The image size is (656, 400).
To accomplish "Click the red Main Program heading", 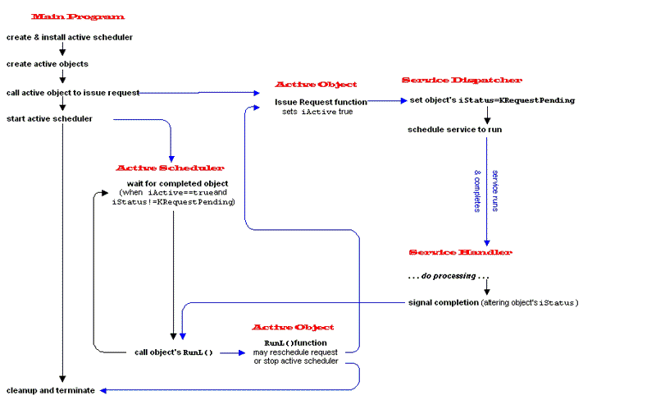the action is pyautogui.click(x=78, y=16).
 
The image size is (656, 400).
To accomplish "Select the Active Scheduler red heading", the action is pyautogui.click(x=170, y=168).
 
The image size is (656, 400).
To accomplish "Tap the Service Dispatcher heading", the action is pyautogui.click(x=462, y=80).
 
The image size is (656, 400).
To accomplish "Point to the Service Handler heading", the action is pyautogui.click(x=461, y=252).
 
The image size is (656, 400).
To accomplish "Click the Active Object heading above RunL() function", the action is pyautogui.click(x=293, y=327).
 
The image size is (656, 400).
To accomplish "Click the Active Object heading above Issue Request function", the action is pyautogui.click(x=316, y=84).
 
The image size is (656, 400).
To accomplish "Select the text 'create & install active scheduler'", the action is pyautogui.click(x=70, y=37).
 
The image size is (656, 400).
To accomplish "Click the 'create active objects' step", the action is pyautogui.click(x=48, y=64).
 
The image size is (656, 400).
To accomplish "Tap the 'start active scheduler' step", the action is pyautogui.click(x=49, y=119).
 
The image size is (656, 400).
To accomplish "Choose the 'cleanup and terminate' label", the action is pyautogui.click(x=51, y=390).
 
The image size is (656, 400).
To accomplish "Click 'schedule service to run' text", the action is pyautogui.click(x=455, y=130).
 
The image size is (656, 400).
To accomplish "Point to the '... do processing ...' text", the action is pyautogui.click(x=449, y=276).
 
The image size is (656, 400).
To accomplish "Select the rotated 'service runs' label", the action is pyautogui.click(x=495, y=191).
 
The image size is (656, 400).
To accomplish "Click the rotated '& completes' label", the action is pyautogui.click(x=477, y=191).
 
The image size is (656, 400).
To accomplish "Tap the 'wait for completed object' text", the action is pyautogui.click(x=177, y=183).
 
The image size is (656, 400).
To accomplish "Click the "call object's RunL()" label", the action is pyautogui.click(x=174, y=352).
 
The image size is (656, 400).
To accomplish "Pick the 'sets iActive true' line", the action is pyautogui.click(x=317, y=112).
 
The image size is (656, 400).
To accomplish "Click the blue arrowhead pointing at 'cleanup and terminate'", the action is pyautogui.click(x=103, y=390).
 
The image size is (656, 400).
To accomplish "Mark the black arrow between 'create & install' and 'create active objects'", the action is pyautogui.click(x=62, y=48).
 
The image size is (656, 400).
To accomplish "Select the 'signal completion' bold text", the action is pyautogui.click(x=444, y=302).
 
